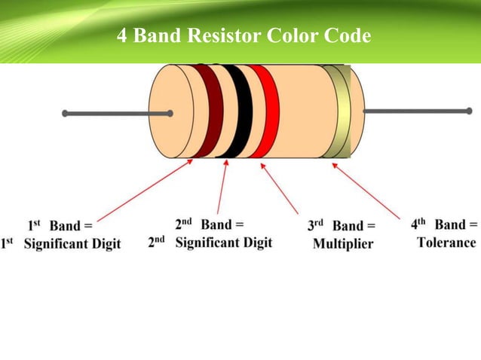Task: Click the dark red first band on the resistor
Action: tap(210, 111)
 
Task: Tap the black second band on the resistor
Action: tap(237, 111)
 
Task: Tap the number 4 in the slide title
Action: tap(122, 35)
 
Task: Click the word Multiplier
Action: tap(343, 244)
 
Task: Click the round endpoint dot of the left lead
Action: tap(66, 114)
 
